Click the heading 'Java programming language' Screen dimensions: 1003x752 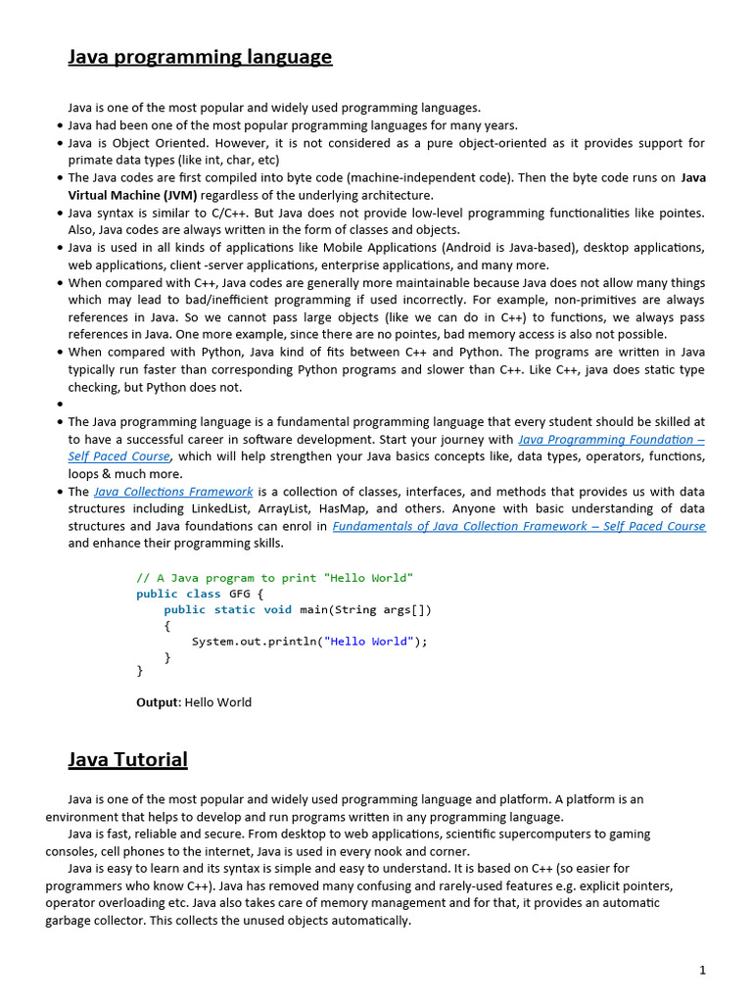[200, 57]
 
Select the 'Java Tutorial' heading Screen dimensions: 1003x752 [127, 759]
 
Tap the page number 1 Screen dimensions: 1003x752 [702, 970]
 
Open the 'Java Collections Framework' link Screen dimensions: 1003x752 [173, 492]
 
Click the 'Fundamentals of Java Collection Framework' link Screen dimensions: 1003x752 [518, 526]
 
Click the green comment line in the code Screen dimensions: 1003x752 [274, 578]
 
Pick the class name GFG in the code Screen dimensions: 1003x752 [240, 594]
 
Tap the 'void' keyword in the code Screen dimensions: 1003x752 [278, 609]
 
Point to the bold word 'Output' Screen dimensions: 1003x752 [157, 702]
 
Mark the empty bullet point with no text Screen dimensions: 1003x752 [60, 405]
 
